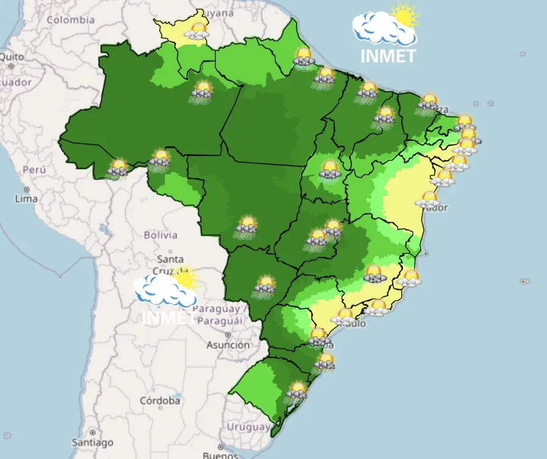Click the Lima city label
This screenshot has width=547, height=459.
coord(26,199)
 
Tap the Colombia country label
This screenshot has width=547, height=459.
coord(71,20)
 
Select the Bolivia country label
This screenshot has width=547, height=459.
coord(160,235)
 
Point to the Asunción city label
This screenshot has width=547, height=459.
coord(228,345)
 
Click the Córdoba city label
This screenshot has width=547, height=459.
coord(159,401)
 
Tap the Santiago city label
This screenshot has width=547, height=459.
coord(92,442)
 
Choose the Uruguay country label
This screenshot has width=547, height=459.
coord(248,427)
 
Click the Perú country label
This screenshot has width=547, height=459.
coord(34,170)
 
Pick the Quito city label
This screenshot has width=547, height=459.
coord(12,57)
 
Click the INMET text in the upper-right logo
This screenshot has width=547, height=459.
coord(388,56)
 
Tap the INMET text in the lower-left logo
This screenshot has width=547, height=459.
coord(168,317)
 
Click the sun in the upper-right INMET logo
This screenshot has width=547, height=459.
coord(405,15)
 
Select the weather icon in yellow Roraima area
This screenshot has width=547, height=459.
coord(196,31)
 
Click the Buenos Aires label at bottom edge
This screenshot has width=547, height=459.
coord(221,455)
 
